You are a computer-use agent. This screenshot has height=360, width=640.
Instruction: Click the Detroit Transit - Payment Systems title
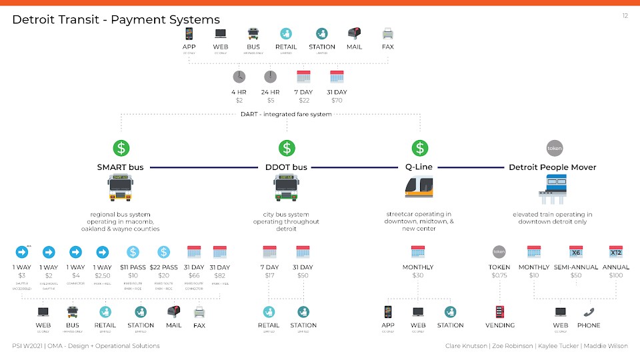(x=116, y=20)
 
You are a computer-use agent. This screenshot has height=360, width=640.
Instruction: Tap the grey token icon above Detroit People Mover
(x=553, y=148)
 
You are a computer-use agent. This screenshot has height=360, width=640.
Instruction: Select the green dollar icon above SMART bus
(x=121, y=148)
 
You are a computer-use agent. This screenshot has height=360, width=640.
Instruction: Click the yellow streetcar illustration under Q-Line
(x=419, y=187)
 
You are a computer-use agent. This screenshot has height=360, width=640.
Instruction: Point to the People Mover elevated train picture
(x=553, y=188)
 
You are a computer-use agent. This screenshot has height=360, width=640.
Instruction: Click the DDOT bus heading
(x=287, y=167)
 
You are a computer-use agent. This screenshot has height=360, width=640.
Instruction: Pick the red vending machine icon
(x=500, y=311)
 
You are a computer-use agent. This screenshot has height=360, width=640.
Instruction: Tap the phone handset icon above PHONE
(x=589, y=311)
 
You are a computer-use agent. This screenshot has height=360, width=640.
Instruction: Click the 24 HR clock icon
(x=270, y=77)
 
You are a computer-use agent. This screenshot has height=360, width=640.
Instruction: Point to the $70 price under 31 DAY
(x=337, y=101)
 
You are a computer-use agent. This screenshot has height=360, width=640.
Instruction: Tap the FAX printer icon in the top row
(x=387, y=33)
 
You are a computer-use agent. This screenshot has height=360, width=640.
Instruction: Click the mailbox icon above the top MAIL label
(x=355, y=33)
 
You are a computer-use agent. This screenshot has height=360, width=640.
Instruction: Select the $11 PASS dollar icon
(x=133, y=253)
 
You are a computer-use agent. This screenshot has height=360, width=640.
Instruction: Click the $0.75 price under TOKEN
(x=500, y=275)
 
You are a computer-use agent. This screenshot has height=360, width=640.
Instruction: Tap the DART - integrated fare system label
(x=286, y=114)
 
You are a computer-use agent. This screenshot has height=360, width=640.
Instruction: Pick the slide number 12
(x=625, y=15)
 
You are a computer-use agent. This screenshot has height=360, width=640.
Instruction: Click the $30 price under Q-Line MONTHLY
(x=418, y=275)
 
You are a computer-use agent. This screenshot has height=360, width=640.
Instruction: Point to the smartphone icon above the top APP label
(x=189, y=33)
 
